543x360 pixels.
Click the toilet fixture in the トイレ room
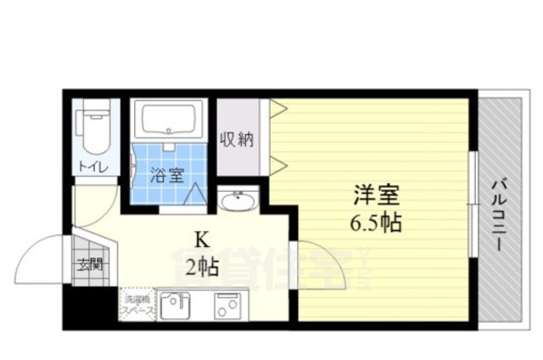tap(93, 128)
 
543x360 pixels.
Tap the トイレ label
tap(93, 167)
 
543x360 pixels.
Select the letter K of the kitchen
tap(203, 240)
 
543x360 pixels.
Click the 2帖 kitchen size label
tap(203, 267)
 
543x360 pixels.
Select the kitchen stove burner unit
tap(225, 304)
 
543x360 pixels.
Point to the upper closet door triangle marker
tap(277, 108)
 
